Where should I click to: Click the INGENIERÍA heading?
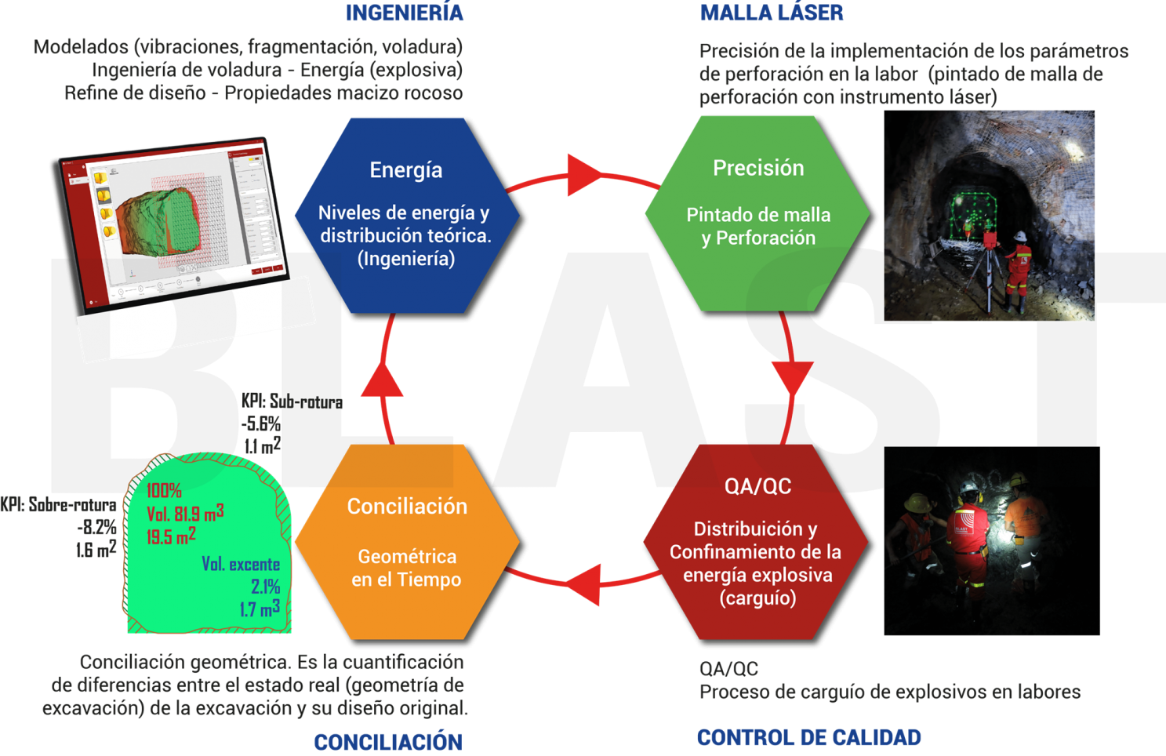pos(404,13)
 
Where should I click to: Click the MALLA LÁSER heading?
pos(772,13)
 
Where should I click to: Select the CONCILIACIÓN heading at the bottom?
pos(387,742)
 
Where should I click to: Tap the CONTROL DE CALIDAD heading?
pos(808,738)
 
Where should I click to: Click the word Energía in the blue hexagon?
pos(406,170)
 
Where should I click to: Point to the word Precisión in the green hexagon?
pos(758,168)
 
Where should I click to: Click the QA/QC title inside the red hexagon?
pos(757,486)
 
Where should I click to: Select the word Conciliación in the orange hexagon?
pos(407,507)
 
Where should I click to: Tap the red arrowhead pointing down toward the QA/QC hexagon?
pos(792,378)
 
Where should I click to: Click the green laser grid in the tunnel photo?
pos(972,212)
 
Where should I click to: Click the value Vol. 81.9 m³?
pos(185,514)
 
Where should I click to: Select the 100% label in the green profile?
pos(164,491)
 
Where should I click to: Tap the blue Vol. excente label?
pos(241,565)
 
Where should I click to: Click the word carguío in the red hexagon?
pos(757,598)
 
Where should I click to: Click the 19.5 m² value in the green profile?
pos(171,537)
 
